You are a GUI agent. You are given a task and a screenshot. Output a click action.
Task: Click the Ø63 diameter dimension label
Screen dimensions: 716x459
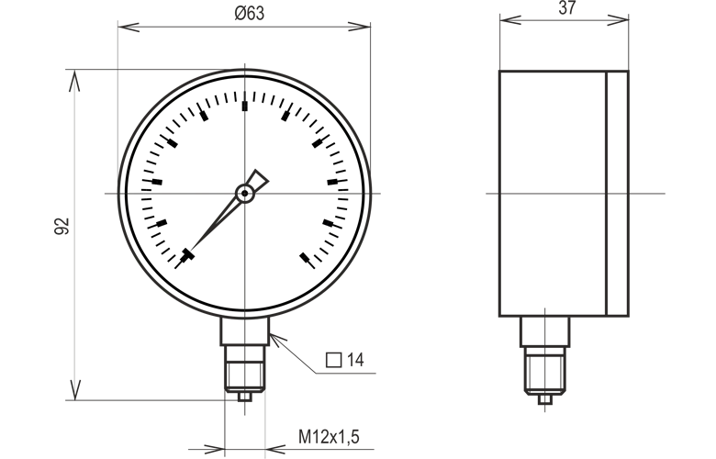(250, 13)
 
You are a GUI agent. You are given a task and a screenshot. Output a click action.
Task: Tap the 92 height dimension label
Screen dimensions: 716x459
(62, 226)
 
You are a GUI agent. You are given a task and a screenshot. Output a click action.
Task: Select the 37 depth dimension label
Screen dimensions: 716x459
(566, 7)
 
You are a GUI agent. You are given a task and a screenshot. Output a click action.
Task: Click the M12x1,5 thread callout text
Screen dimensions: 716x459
(329, 437)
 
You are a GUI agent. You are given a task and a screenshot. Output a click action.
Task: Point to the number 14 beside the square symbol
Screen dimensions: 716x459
(355, 360)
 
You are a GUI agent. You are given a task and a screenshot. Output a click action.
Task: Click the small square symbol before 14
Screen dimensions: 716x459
(334, 360)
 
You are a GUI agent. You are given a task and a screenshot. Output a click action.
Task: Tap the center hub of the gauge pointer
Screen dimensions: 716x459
(245, 193)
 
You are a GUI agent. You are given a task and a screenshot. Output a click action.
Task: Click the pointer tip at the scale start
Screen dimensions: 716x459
(177, 266)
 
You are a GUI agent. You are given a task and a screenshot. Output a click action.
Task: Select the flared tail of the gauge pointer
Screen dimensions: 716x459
(259, 179)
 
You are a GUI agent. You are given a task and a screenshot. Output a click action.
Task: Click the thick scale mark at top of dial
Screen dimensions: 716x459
(245, 106)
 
